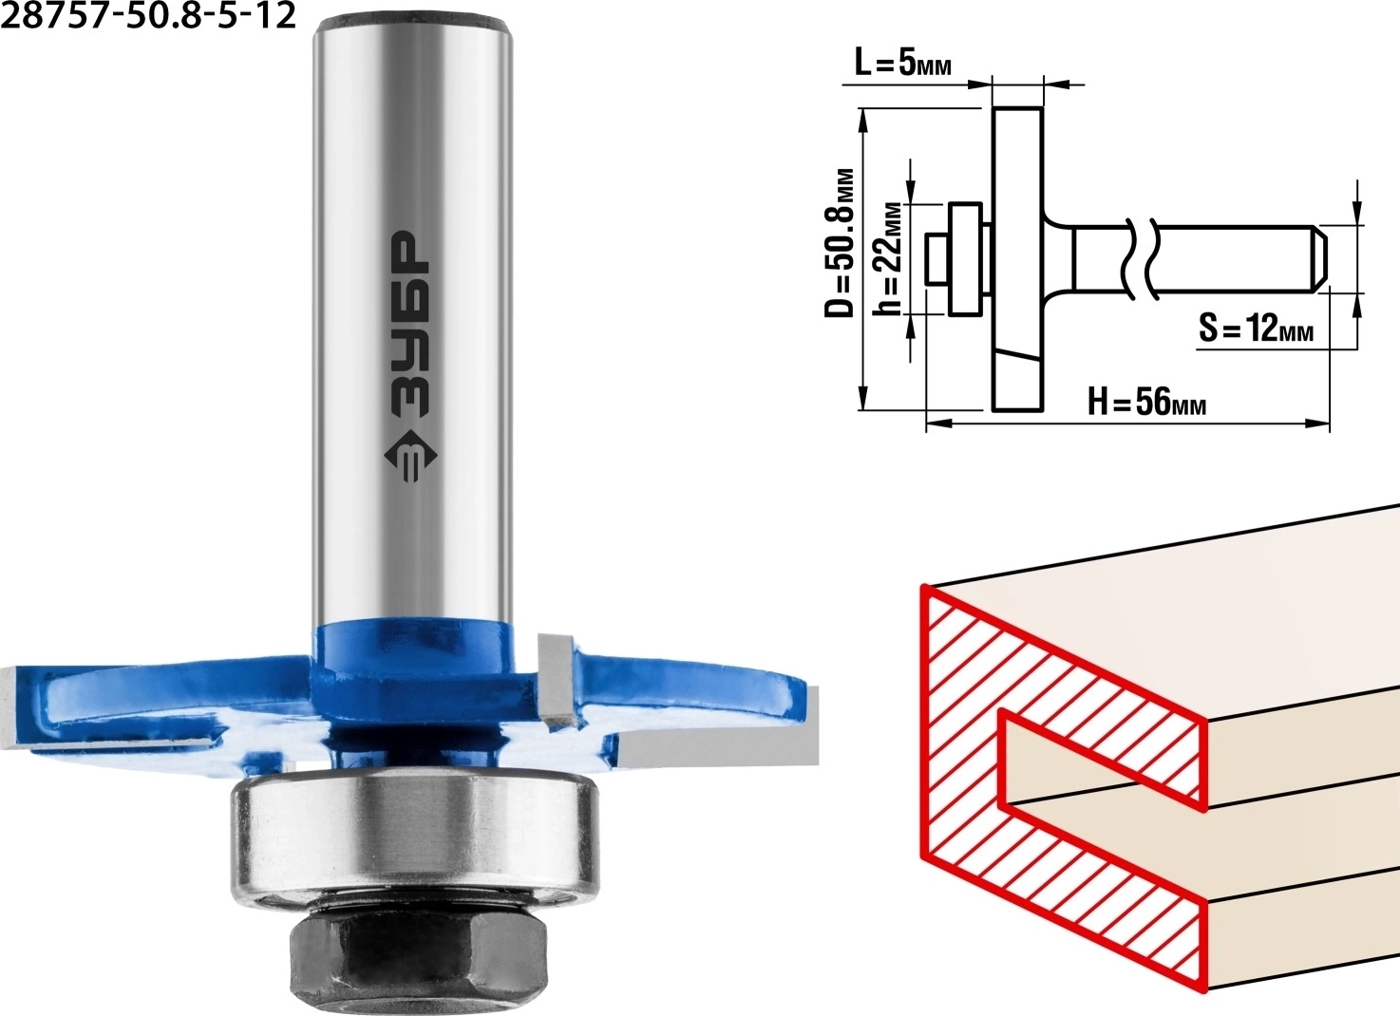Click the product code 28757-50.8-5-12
pos(148,15)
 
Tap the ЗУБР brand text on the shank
pos(410,325)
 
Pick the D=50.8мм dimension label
pos(839,242)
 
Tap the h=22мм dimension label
pos(888,258)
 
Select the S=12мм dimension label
pos(1256,328)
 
